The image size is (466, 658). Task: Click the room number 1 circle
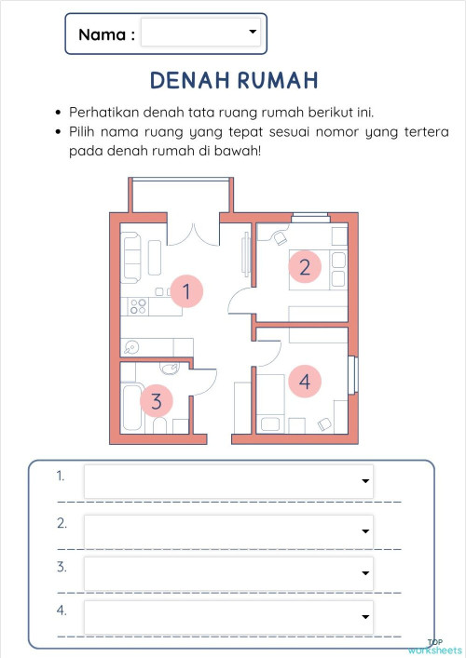(x=186, y=291)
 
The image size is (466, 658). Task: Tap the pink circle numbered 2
(x=304, y=268)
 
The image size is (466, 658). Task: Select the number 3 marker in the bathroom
(x=157, y=401)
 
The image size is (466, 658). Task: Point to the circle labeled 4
(x=304, y=380)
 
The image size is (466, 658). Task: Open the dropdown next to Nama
(x=201, y=33)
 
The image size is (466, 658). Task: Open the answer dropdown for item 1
(x=228, y=481)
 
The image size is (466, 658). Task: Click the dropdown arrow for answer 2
(x=364, y=531)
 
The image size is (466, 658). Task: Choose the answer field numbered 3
(x=228, y=573)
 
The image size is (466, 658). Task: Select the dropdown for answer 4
(x=228, y=616)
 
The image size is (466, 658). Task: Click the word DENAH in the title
(x=189, y=80)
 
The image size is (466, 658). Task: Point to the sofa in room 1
(x=131, y=256)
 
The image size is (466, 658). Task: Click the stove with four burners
(x=138, y=305)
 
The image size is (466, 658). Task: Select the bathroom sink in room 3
(x=165, y=367)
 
